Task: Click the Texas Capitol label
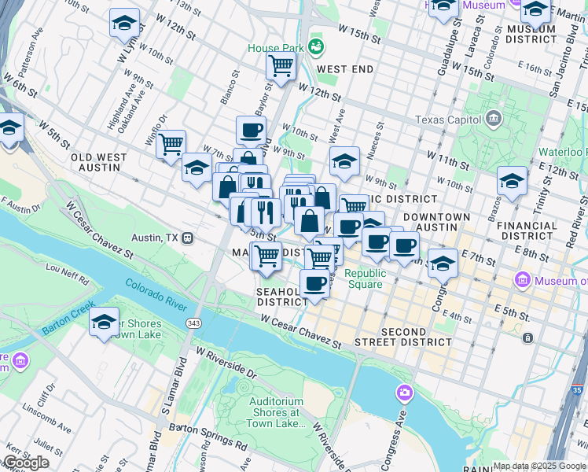(x=448, y=120)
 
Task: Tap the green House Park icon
(x=317, y=47)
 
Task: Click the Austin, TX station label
(x=155, y=238)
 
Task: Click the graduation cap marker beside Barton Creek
(x=104, y=323)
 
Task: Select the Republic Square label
(x=366, y=278)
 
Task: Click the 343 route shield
(x=193, y=323)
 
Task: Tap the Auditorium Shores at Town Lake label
(x=276, y=412)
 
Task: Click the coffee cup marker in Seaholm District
(x=314, y=284)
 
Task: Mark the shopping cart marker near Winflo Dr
(x=171, y=145)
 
